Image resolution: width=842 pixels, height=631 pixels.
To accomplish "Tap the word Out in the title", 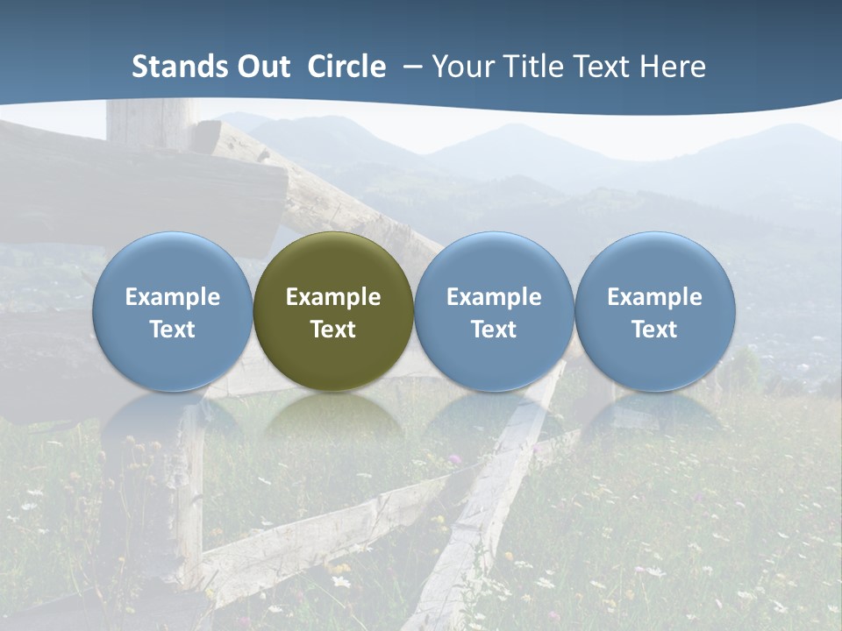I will pos(263,67).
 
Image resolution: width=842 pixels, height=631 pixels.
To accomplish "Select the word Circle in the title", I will pos(346,67).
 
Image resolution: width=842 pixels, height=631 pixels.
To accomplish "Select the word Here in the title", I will pos(673,67).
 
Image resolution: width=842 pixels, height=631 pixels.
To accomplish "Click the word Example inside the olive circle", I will pos(333,297).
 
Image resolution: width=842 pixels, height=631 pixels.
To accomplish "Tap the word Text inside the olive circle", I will pos(333,330).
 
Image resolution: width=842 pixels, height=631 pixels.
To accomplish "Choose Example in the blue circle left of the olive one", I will pos(173,297).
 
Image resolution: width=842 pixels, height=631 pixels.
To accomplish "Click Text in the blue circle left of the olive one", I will pos(173,330).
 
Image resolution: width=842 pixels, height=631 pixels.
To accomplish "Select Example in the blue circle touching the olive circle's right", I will pos(494,297).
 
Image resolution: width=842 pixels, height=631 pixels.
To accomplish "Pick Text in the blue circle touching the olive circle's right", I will pos(494,330).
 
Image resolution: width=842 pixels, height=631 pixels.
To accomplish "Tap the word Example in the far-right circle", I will pos(655,297).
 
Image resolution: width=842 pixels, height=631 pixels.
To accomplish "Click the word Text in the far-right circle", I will pos(655,330).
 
